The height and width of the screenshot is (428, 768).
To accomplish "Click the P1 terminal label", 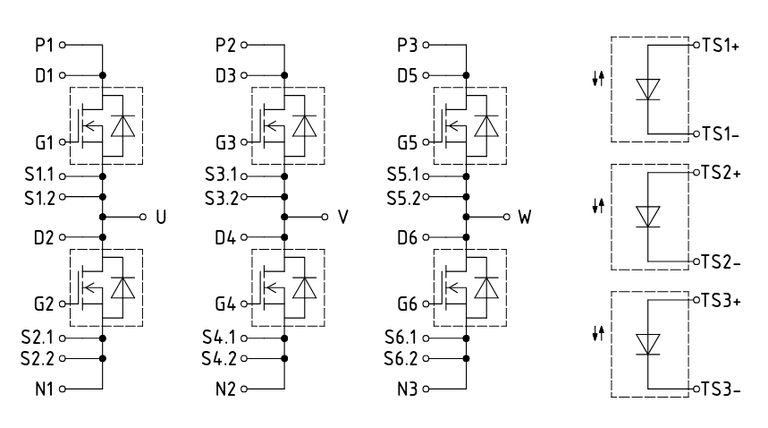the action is pos(44,45).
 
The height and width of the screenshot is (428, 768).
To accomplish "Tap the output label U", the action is pos(161,217).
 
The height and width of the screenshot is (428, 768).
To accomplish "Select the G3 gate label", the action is pos(226,142).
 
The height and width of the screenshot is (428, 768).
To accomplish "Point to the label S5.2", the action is pos(403,198).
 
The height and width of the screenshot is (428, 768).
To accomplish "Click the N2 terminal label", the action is pos(226,389).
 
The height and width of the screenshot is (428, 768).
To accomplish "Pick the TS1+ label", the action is pos(721,45).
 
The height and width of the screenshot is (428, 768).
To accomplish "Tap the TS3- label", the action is pos(721,389).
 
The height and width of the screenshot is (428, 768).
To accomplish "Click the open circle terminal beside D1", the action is pos(63,75).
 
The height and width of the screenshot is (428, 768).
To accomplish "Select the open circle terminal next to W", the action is pos(506,217).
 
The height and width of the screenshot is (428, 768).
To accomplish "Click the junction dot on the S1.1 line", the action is pos(102,176).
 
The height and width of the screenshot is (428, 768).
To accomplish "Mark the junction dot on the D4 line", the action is pos(284,237).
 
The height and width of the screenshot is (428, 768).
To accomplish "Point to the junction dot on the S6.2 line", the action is pos(467,359).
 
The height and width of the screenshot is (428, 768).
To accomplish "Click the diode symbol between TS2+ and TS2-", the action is pos(647,217).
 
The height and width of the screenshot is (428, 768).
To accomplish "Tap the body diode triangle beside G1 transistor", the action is pos(123,126).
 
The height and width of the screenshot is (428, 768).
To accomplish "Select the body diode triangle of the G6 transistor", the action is pos(486,287).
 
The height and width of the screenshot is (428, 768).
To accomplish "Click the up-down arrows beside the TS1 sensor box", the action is pos(598,79).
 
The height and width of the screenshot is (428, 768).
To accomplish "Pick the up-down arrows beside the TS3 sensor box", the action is pos(598,334).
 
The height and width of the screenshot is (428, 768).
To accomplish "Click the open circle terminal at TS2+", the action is pos(696,173).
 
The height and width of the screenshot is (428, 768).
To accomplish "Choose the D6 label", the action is pos(408,238).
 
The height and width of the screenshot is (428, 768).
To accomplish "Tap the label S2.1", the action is pos(38,338).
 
